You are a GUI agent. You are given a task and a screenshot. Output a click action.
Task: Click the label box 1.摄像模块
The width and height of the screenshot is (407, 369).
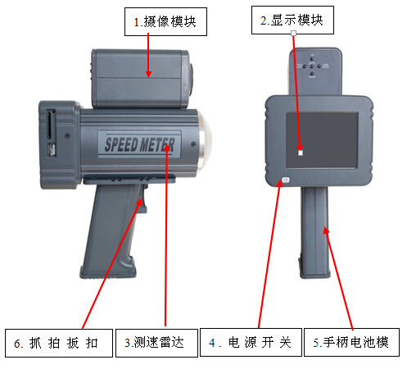165,21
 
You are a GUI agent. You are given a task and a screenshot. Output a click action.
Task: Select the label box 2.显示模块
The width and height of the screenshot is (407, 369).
292,20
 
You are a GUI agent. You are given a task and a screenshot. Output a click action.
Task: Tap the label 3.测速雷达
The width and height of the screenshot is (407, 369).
156,343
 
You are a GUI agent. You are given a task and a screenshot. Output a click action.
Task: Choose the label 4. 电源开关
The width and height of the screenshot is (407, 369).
251,342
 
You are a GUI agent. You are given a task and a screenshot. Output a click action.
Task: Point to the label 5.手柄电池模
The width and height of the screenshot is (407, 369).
351,342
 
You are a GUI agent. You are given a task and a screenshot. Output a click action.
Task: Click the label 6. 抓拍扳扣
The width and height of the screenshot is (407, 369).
59,343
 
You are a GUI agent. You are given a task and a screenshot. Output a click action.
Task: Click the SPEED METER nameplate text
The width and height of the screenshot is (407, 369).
139,144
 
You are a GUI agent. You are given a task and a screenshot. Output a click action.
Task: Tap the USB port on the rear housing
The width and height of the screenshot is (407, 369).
52,150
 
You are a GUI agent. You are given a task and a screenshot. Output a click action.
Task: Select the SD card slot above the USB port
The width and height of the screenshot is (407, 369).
50,124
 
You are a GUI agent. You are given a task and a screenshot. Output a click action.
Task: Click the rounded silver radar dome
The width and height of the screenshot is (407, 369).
206,142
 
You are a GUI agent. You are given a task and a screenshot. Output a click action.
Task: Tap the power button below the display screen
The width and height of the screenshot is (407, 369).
286,180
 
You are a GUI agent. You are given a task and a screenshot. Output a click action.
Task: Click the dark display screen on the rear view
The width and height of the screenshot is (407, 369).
322,140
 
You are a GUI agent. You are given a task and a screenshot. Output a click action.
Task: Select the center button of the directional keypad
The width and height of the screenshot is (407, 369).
312,66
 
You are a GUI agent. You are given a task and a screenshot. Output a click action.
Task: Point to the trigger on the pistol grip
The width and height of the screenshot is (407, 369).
144,198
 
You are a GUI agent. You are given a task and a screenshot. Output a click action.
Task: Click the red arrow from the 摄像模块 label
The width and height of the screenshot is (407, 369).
148,55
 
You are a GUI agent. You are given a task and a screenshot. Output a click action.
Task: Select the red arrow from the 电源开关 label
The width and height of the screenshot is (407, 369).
269,253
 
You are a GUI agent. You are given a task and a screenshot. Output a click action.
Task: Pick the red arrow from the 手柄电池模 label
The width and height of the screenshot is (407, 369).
338,277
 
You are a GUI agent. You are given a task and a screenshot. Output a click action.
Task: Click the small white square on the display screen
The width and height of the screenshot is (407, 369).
301,153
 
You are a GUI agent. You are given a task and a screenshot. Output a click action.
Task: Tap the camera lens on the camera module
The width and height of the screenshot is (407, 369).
191,77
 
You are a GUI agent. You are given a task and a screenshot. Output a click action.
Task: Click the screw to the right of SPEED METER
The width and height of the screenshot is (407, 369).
193,144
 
